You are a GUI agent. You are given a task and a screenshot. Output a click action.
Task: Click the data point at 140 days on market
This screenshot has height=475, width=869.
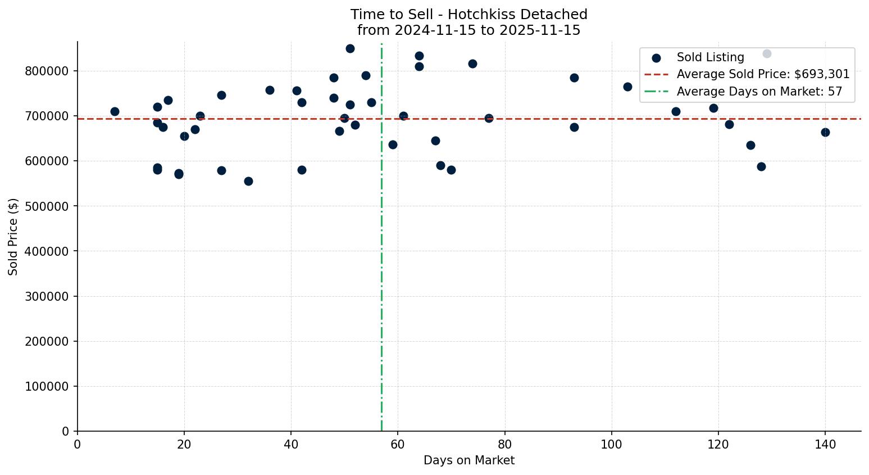point(825,132)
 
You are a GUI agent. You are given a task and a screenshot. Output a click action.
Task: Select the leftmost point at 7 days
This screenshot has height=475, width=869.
point(115,111)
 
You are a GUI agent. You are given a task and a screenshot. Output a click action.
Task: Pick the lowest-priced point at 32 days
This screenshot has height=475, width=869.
point(248,181)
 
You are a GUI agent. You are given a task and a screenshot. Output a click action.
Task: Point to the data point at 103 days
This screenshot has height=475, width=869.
point(627,87)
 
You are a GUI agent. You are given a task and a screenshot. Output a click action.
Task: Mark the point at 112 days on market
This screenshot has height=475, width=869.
point(676,111)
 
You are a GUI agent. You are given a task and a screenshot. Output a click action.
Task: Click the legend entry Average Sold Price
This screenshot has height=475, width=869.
point(763,74)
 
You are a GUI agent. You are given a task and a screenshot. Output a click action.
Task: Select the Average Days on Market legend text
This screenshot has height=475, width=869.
point(759,91)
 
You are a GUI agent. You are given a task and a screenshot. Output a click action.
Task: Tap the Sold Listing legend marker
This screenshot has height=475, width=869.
point(656,58)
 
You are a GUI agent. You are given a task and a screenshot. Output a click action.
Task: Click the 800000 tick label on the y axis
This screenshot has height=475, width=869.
point(47,71)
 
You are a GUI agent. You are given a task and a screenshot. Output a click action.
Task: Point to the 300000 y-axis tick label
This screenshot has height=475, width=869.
point(47,296)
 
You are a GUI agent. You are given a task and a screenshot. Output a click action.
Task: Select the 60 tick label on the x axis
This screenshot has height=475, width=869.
point(398,445)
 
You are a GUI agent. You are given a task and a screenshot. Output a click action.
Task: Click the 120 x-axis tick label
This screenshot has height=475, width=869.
point(718,445)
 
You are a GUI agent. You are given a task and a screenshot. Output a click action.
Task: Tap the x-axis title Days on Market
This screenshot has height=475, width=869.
point(469,460)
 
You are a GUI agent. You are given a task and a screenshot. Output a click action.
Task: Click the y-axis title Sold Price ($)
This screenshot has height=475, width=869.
point(13,237)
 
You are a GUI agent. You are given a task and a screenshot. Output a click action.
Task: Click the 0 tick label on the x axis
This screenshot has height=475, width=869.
point(78,445)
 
